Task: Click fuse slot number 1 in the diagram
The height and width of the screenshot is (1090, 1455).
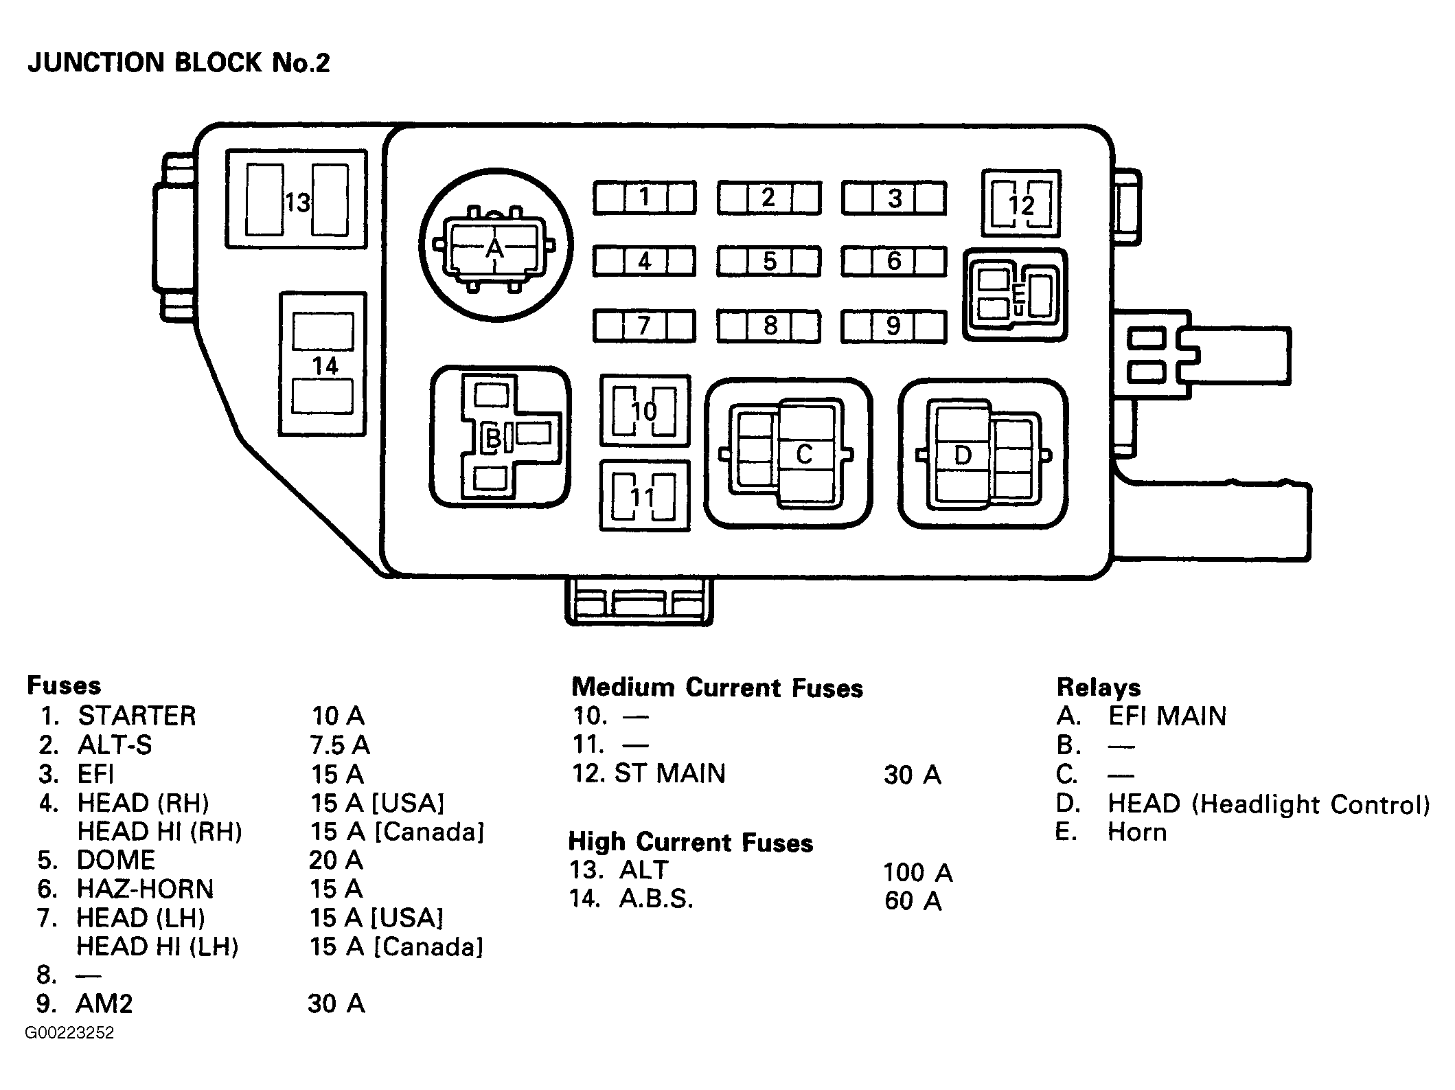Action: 644,198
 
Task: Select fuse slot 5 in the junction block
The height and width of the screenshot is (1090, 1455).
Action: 768,262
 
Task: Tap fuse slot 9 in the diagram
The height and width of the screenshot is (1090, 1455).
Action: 893,326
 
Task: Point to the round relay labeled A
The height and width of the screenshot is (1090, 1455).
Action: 496,245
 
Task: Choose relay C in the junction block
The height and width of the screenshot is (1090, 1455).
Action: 788,453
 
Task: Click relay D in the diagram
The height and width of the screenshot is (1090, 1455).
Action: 983,453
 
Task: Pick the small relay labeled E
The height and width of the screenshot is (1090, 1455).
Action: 1016,295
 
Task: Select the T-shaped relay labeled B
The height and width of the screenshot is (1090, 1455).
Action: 500,437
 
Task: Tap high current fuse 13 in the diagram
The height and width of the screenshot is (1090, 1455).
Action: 297,199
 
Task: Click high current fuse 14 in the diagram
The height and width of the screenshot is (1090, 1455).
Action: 323,364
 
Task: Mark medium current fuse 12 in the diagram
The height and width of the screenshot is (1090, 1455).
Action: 1021,204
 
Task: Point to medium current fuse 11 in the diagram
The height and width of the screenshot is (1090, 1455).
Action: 644,495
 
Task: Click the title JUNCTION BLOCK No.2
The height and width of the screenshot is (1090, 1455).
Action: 179,63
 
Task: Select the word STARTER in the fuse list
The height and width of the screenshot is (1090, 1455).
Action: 137,716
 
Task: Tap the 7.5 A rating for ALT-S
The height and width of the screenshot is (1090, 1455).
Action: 340,745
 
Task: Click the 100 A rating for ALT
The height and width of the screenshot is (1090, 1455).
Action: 918,872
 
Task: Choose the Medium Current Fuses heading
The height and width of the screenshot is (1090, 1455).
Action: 717,688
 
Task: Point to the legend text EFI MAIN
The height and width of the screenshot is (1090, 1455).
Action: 1167,716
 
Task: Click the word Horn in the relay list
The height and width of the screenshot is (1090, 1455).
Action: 1137,832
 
